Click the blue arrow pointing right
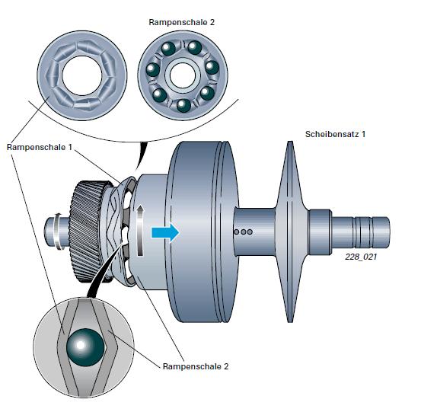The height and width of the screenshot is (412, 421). pos(165,232)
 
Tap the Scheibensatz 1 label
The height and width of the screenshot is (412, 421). pos(335,134)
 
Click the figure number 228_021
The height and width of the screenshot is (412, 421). pos(361,257)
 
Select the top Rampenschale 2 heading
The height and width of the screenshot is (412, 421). pos(182,22)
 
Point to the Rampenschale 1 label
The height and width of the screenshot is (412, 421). pos(40,147)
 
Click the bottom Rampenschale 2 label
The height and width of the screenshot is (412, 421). pos(196,366)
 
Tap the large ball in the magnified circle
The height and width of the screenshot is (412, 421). pos(85,347)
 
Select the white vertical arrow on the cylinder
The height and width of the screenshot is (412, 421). pos(140,231)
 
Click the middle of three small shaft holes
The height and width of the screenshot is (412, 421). pos(243,232)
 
